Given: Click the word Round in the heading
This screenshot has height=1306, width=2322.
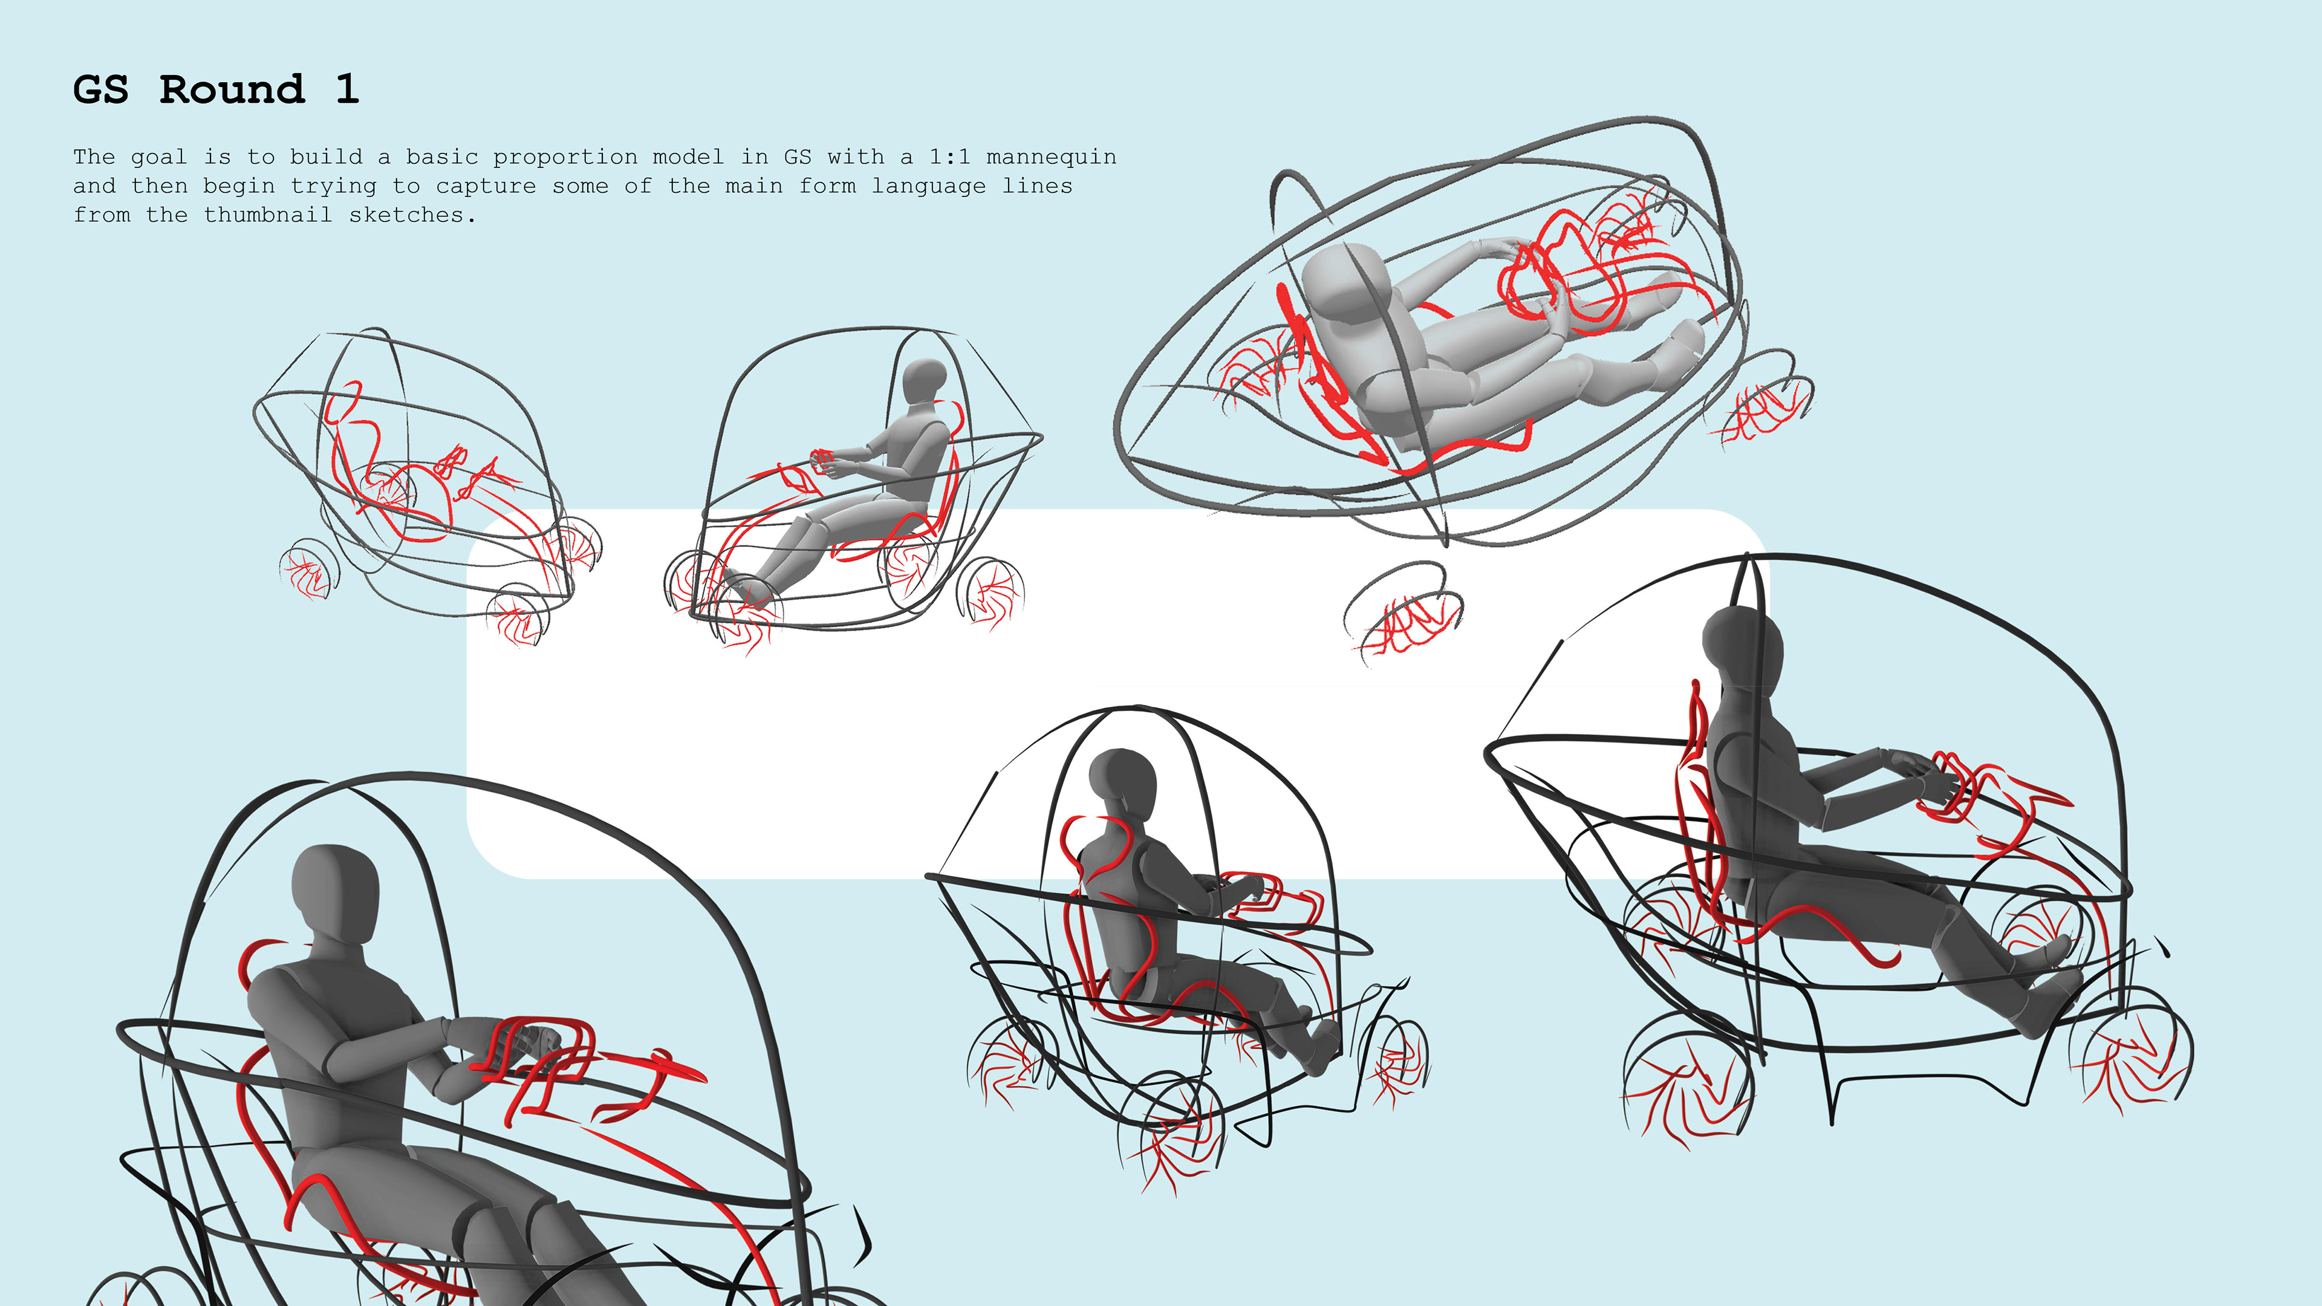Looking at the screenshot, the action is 233,89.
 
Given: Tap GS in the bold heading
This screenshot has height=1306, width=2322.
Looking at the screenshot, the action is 101,89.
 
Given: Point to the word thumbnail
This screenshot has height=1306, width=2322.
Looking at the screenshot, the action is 268,215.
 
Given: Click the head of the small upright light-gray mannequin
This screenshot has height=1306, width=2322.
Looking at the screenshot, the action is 924,383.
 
